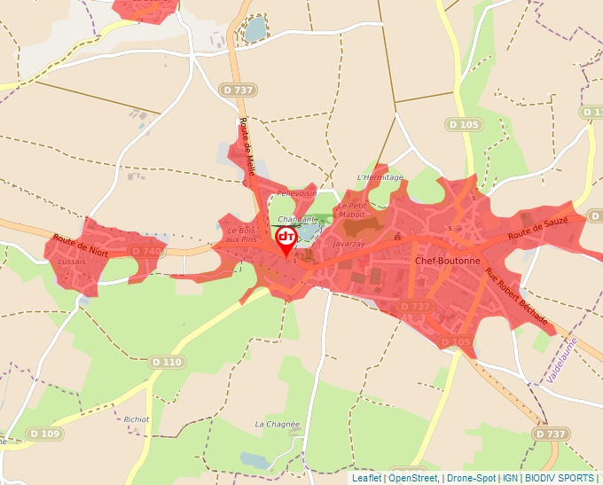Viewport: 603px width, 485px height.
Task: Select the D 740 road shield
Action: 146,252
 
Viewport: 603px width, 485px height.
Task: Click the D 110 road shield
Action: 167,362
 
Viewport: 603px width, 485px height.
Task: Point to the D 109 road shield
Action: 43,434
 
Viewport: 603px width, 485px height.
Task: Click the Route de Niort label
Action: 80,244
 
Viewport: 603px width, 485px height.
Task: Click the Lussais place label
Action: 70,262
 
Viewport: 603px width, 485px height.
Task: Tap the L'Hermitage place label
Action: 380,177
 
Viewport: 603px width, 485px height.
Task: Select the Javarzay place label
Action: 348,242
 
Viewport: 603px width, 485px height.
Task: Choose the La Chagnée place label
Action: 278,425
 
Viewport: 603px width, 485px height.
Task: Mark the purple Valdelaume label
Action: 561,359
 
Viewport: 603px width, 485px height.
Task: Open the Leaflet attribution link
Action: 366,478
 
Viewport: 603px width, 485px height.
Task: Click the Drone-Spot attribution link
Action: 471,478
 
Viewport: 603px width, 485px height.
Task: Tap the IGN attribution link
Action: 511,478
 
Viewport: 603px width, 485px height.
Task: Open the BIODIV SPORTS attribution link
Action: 560,478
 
